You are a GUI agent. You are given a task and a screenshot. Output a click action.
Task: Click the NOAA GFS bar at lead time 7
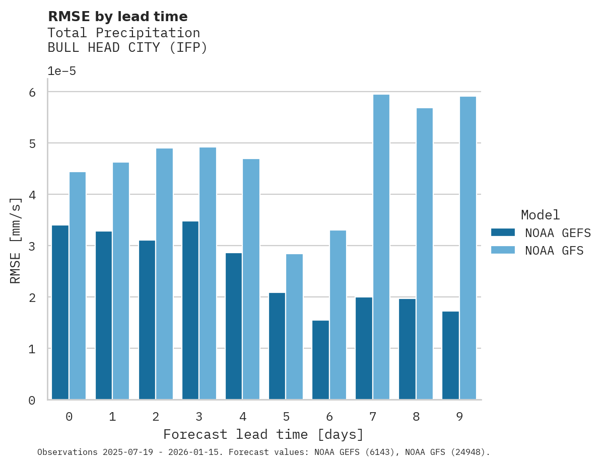click(381, 247)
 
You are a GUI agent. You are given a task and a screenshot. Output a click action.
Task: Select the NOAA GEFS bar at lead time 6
click(320, 360)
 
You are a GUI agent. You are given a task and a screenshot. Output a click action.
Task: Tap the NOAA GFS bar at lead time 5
click(295, 327)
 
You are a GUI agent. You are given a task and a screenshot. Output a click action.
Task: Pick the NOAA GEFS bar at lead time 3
click(190, 310)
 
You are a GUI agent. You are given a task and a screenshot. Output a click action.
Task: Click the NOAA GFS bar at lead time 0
click(78, 286)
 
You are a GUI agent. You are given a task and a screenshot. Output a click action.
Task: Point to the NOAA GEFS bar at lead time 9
click(450, 355)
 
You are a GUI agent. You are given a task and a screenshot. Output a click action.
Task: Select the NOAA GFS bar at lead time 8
click(425, 254)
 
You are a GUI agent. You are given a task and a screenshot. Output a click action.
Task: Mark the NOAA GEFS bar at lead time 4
click(234, 326)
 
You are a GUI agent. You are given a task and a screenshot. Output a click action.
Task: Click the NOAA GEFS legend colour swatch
click(503, 232)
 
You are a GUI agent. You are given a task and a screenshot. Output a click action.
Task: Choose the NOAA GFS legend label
click(554, 251)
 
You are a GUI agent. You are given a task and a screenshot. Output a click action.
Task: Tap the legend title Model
click(540, 215)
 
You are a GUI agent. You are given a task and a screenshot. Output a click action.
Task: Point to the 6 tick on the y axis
click(32, 92)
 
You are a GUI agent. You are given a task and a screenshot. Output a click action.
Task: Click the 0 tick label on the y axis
click(32, 400)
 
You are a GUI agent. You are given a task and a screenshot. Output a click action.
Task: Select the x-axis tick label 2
click(156, 417)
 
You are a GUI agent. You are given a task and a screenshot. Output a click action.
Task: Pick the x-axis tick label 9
click(459, 417)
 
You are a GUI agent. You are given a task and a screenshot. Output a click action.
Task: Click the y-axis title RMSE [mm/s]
click(16, 241)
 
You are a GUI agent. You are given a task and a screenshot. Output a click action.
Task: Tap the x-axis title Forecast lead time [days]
click(263, 434)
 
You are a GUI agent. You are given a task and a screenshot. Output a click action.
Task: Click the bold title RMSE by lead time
click(117, 17)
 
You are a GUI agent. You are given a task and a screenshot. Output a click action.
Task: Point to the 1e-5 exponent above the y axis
click(61, 71)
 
